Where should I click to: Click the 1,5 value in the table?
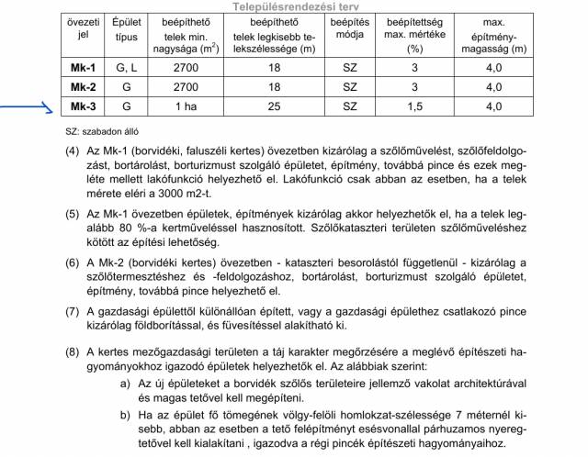pyautogui.click(x=415, y=106)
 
